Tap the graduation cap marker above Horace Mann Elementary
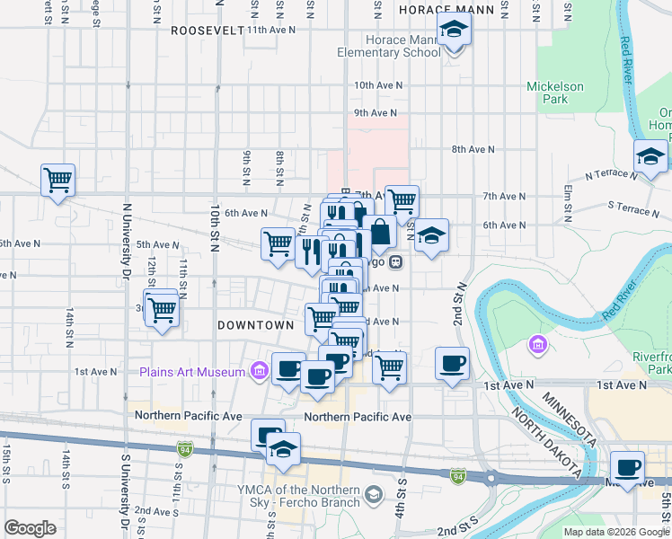[455, 31]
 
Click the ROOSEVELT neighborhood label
[207, 30]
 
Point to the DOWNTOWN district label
[256, 324]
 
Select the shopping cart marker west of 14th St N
[58, 180]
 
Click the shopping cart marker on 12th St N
[162, 311]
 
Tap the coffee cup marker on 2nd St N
[453, 364]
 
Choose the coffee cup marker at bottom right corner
[627, 469]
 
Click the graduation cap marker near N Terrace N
[650, 157]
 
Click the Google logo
[30, 528]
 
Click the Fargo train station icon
[396, 262]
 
